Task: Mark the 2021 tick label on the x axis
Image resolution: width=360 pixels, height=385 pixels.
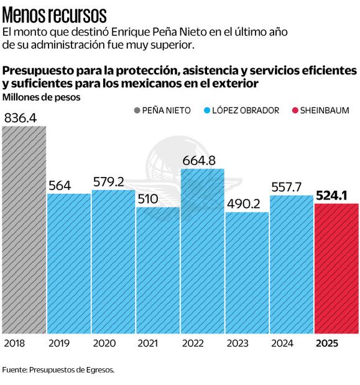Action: pos(147,343)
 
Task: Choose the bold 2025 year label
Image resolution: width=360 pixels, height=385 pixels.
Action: pos(328,343)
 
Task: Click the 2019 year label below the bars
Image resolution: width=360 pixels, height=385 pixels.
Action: pos(59,343)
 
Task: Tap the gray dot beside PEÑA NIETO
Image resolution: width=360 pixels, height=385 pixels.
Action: pos(137,111)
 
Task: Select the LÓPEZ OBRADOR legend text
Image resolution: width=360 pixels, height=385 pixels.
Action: pos(246,111)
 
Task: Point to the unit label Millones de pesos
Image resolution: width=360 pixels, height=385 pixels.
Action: pos(41,97)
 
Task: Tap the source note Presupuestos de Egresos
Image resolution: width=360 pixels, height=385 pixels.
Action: pos(58,369)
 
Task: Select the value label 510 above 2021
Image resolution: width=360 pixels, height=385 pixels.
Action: pos(149,199)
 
